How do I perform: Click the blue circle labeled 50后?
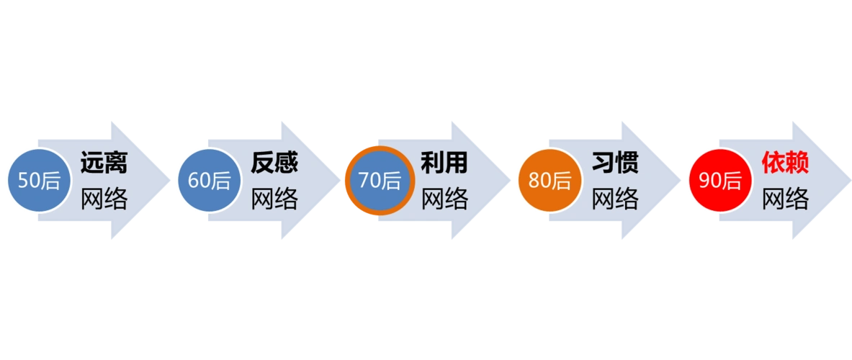tap(39, 180)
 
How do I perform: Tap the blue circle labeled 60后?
tap(209, 180)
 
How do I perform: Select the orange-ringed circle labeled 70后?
tap(379, 180)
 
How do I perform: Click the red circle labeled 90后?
tap(719, 180)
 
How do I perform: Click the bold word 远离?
tap(104, 163)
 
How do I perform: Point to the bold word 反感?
tap(274, 163)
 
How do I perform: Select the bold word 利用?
tap(444, 163)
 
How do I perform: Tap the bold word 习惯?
tap(615, 163)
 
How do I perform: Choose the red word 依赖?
tap(785, 163)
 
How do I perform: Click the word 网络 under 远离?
tap(104, 198)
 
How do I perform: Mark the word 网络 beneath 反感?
tap(274, 198)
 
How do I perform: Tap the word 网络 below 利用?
tap(444, 198)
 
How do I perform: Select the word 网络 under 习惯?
tap(615, 198)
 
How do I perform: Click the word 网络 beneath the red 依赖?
tap(785, 198)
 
